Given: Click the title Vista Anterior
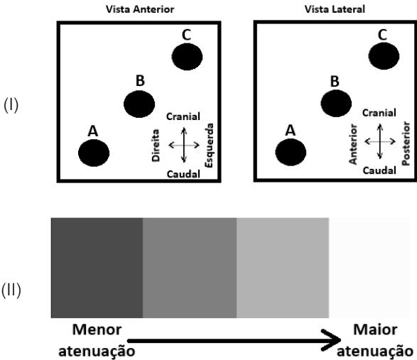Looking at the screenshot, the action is point(140,9).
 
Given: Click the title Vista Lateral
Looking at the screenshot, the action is point(335,9).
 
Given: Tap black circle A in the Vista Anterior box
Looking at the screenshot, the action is point(94,153).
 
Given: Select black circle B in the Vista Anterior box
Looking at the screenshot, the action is point(139,104).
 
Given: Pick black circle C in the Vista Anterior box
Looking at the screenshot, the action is point(187,57).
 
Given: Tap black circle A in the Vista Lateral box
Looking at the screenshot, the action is point(291,152).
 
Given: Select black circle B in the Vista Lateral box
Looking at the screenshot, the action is point(336,104).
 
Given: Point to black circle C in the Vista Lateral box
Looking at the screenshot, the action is point(384,56).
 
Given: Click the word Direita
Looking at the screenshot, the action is point(156,145).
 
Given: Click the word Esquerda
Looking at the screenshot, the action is point(210,145).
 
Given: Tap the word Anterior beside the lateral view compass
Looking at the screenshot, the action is point(352,144).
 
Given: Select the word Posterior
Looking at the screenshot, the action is point(406,143).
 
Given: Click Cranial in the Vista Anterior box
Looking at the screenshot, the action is point(183,116).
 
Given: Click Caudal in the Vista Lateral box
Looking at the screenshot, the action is point(379,170).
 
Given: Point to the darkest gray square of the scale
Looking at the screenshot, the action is point(97,268).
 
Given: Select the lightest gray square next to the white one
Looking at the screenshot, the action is point(283,268).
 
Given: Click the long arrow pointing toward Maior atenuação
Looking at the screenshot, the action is point(234,340).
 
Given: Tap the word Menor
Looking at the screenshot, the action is point(97,329).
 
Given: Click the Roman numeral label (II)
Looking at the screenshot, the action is point(11,290).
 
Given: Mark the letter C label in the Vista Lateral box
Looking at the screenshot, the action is point(382,35).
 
